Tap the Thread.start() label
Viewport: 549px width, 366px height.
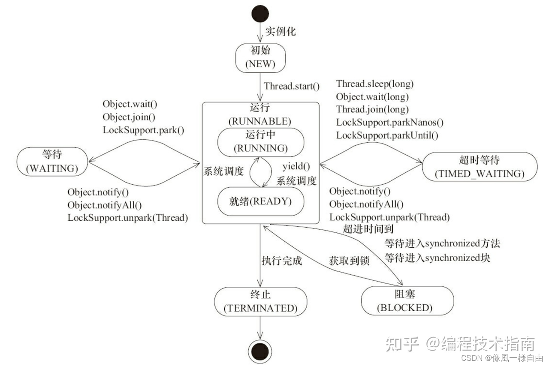coord(292,86)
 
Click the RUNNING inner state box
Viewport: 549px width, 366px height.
coord(260,142)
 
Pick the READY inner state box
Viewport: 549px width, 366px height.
coord(260,201)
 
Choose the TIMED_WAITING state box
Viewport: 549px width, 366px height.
coord(480,167)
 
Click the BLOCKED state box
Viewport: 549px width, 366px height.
coord(407,301)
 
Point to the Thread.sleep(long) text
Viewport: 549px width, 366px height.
coord(375,84)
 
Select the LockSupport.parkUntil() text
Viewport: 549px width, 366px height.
coord(387,135)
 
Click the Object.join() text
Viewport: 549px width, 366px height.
coord(129,117)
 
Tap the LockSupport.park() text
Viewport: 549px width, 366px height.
coord(143,129)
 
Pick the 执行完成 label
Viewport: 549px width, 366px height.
coord(282,260)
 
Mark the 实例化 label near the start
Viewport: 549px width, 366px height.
coord(280,31)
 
